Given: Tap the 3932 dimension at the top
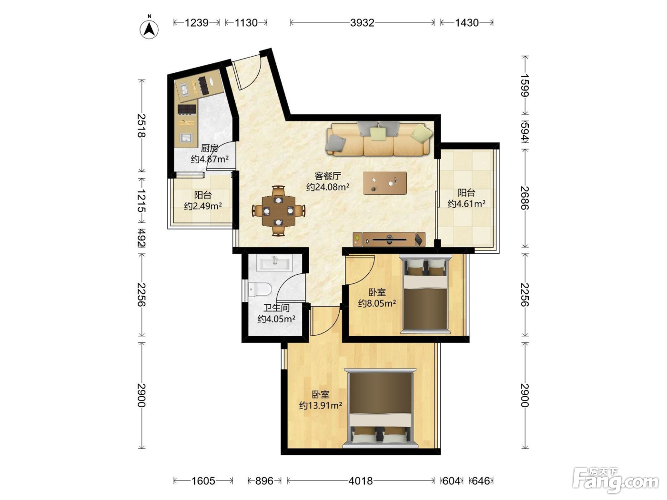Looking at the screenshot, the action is pyautogui.click(x=362, y=22).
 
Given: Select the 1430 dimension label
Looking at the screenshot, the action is pyautogui.click(x=467, y=22).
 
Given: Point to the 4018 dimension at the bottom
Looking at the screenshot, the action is pyautogui.click(x=361, y=481).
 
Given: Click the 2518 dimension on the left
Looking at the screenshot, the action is pyautogui.click(x=141, y=125).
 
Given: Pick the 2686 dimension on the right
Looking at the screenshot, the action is pyautogui.click(x=525, y=198).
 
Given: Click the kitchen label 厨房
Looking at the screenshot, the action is pyautogui.click(x=210, y=148).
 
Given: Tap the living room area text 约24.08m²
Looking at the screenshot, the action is pyautogui.click(x=328, y=187).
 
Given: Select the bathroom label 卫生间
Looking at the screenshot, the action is pyautogui.click(x=276, y=308).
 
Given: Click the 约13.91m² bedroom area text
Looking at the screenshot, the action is pyautogui.click(x=321, y=405).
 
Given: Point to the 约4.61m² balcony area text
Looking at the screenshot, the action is pyautogui.click(x=466, y=203).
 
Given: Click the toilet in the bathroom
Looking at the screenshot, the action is pyautogui.click(x=260, y=289).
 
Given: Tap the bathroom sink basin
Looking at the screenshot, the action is pyautogui.click(x=275, y=262).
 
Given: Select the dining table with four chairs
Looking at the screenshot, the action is pyautogui.click(x=278, y=210).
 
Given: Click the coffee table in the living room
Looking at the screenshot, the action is pyautogui.click(x=385, y=183).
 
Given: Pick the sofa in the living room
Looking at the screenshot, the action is pyautogui.click(x=379, y=139).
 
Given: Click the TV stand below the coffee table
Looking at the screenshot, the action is pyautogui.click(x=389, y=240).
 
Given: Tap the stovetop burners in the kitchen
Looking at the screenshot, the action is pyautogui.click(x=187, y=110).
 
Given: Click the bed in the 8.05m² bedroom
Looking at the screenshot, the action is pyautogui.click(x=425, y=294).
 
